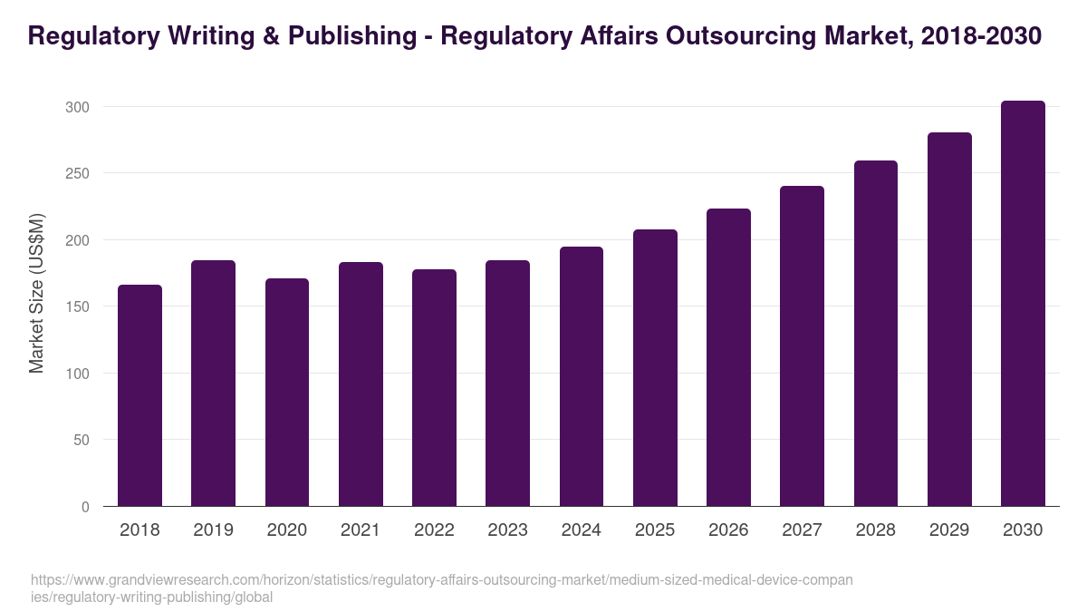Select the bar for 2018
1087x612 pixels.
pos(139,395)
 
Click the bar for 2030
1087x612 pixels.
pos(1023,304)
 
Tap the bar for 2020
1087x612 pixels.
pos(287,393)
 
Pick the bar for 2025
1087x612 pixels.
pos(655,368)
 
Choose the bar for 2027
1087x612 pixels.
pos(802,346)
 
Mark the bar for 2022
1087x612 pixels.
pos(434,388)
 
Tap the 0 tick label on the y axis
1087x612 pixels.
pos(85,507)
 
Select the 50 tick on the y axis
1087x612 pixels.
pos(82,440)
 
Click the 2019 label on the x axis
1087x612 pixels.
pos(213,530)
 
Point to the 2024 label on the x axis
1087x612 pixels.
pos(581,530)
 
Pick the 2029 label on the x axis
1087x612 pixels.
pos(949,530)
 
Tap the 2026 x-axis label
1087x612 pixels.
pos(728,530)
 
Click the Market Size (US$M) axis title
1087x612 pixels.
pos(36,294)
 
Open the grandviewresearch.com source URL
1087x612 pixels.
pos(441,588)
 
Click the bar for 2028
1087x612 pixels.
pos(875,334)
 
